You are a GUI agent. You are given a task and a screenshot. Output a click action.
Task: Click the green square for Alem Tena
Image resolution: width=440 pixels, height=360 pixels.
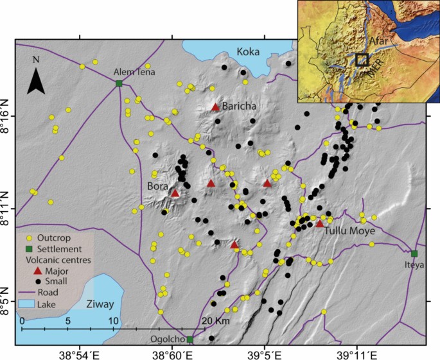(x=119, y=83)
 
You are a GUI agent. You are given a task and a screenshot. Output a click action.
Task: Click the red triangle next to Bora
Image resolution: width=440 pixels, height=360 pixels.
(x=175, y=193)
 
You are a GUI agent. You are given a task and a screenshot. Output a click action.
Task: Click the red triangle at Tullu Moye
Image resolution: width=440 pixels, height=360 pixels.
(x=320, y=223)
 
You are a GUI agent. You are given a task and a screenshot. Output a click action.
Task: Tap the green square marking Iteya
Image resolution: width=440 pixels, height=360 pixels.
(x=414, y=253)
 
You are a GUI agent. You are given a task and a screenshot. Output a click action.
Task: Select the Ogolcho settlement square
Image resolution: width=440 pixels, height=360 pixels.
(x=190, y=339)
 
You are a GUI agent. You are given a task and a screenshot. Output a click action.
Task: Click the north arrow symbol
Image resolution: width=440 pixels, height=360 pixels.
(x=37, y=75)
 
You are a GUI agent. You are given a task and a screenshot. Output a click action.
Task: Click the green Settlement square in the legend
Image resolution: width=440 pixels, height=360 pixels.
(x=30, y=248)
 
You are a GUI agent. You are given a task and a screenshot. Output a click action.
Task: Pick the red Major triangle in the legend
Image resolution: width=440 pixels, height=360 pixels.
(x=30, y=271)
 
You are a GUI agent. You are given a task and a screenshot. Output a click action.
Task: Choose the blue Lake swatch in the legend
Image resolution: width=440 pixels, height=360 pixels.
(x=30, y=304)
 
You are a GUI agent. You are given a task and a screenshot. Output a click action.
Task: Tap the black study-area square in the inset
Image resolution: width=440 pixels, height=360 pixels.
(x=362, y=60)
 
